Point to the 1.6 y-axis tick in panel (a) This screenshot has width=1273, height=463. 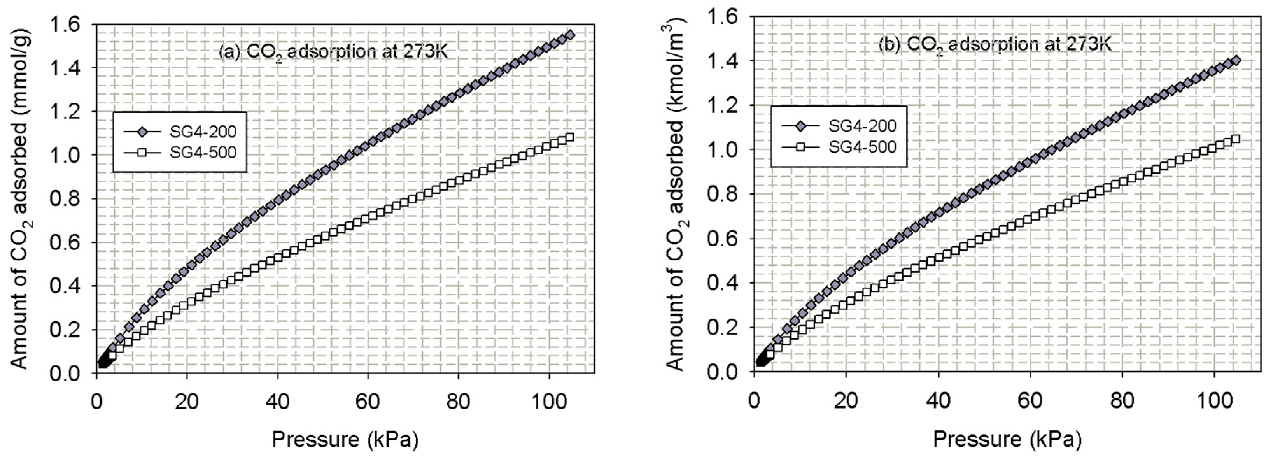[70, 25]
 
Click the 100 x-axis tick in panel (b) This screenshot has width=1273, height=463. [1214, 401]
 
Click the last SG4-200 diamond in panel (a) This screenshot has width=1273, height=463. [570, 35]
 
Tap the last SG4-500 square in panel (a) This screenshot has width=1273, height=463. [569, 137]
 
